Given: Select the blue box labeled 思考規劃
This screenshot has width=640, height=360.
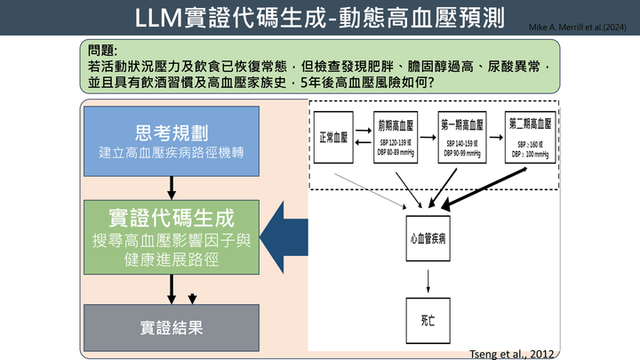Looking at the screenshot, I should pyautogui.click(x=172, y=140).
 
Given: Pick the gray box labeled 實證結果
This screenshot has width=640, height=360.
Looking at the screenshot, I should pyautogui.click(x=172, y=325).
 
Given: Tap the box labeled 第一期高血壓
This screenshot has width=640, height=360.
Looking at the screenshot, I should pyautogui.click(x=462, y=137).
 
